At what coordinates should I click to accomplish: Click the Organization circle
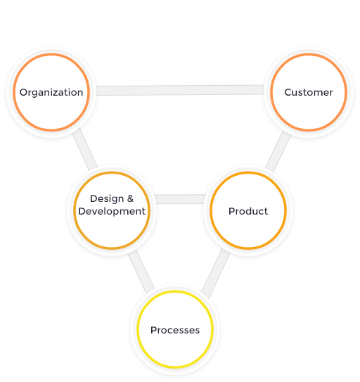51,92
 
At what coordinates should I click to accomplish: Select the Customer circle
309,92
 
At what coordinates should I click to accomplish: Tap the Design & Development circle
112,210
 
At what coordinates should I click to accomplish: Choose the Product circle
248,210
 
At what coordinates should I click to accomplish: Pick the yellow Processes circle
175,329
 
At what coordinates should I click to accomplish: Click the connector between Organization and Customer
180,90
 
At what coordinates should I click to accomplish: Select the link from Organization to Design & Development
85,149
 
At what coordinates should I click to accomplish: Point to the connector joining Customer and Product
278,151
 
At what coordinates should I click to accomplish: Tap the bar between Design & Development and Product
180,199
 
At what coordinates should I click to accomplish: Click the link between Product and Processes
216,274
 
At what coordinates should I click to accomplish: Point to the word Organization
51,93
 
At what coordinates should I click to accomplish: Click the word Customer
309,92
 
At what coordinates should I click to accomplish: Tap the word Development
112,212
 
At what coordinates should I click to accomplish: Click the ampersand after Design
130,198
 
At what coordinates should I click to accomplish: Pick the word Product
248,211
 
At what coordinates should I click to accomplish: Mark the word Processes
175,330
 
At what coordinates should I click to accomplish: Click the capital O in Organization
24,92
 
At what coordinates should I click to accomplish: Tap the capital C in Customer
288,92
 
